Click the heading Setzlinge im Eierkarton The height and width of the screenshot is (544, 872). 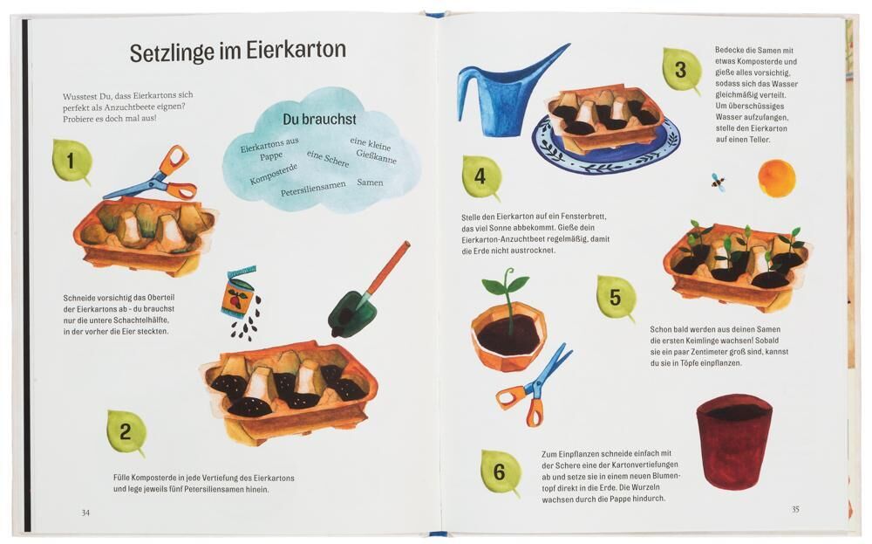pos(238,52)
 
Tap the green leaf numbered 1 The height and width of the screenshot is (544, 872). pos(72,161)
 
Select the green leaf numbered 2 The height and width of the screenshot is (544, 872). pos(126,432)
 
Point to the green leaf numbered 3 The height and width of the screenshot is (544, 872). pos(681,70)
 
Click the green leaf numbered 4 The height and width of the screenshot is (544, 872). pos(481,177)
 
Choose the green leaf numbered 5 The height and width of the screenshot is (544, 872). pos(617,298)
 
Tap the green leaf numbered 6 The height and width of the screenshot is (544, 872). pos(501,472)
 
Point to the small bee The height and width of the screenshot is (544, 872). pos(718,182)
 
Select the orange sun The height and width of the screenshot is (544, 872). pos(776,177)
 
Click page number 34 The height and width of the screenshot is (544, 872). pos(85,513)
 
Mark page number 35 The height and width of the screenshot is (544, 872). pos(795,509)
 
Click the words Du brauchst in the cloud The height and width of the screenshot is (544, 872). pos(319,119)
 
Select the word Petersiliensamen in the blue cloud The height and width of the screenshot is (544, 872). pos(313,189)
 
